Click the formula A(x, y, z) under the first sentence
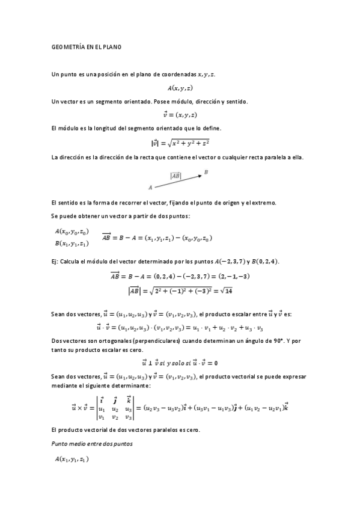180,88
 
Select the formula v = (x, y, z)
180,115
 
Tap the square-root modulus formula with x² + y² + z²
180,143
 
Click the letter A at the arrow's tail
150,187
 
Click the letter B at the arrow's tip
206,172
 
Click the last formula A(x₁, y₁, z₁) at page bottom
72,459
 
